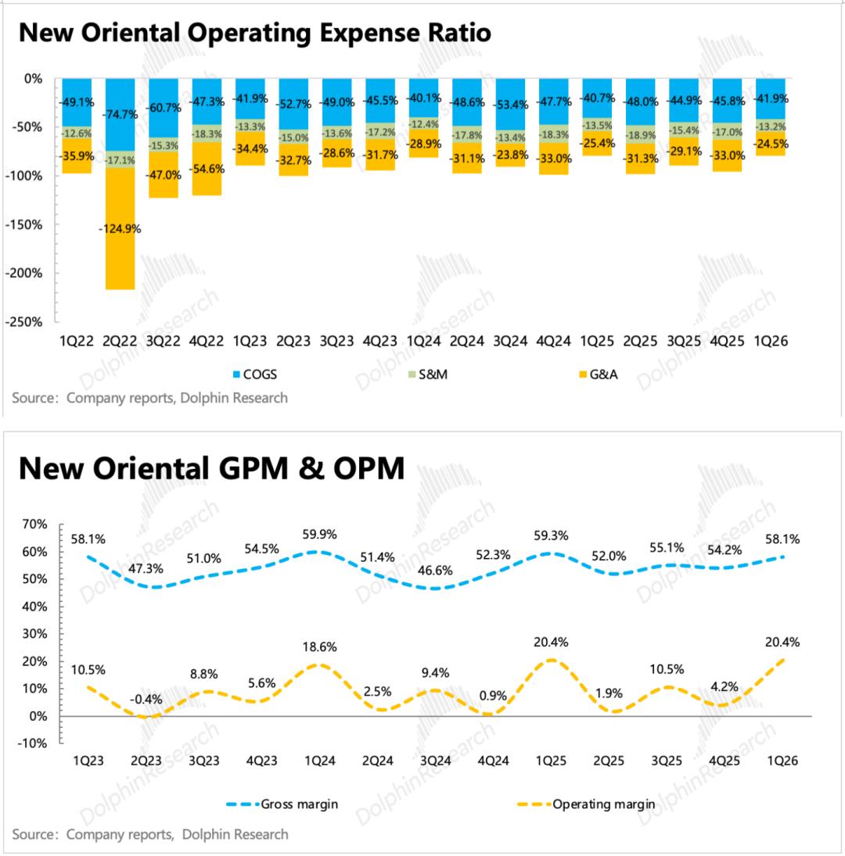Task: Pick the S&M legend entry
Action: tap(426, 374)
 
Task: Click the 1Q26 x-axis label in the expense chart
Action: tap(771, 342)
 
